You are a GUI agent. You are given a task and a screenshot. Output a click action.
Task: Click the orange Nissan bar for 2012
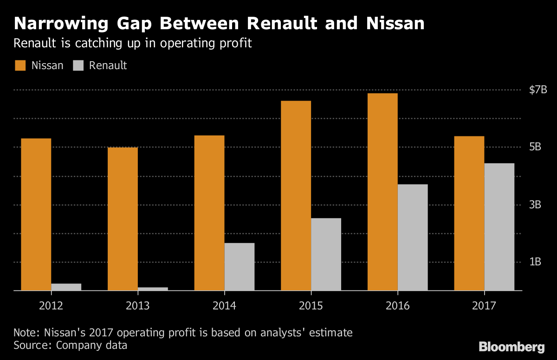click(36, 214)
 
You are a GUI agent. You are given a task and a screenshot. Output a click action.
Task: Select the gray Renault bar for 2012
click(66, 287)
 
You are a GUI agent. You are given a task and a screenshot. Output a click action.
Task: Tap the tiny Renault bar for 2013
click(153, 289)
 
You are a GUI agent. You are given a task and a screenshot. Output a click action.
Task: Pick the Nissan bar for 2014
click(209, 213)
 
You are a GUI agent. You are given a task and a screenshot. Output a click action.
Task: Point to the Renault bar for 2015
click(326, 254)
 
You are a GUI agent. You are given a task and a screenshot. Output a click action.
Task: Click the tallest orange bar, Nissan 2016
click(382, 192)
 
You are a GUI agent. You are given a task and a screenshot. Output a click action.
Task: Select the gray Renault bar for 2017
click(499, 227)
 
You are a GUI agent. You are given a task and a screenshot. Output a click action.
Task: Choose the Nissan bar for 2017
click(469, 213)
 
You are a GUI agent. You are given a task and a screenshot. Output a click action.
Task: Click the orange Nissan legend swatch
click(20, 65)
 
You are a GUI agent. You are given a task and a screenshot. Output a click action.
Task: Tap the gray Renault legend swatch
click(78, 65)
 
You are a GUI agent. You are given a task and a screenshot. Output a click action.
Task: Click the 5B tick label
click(535, 147)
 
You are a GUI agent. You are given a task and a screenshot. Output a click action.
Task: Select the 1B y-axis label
click(535, 262)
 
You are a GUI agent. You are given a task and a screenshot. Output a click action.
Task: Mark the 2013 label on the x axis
click(138, 306)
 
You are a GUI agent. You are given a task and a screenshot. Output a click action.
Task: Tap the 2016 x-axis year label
click(397, 306)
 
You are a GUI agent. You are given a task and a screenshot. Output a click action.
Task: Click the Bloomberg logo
click(512, 347)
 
